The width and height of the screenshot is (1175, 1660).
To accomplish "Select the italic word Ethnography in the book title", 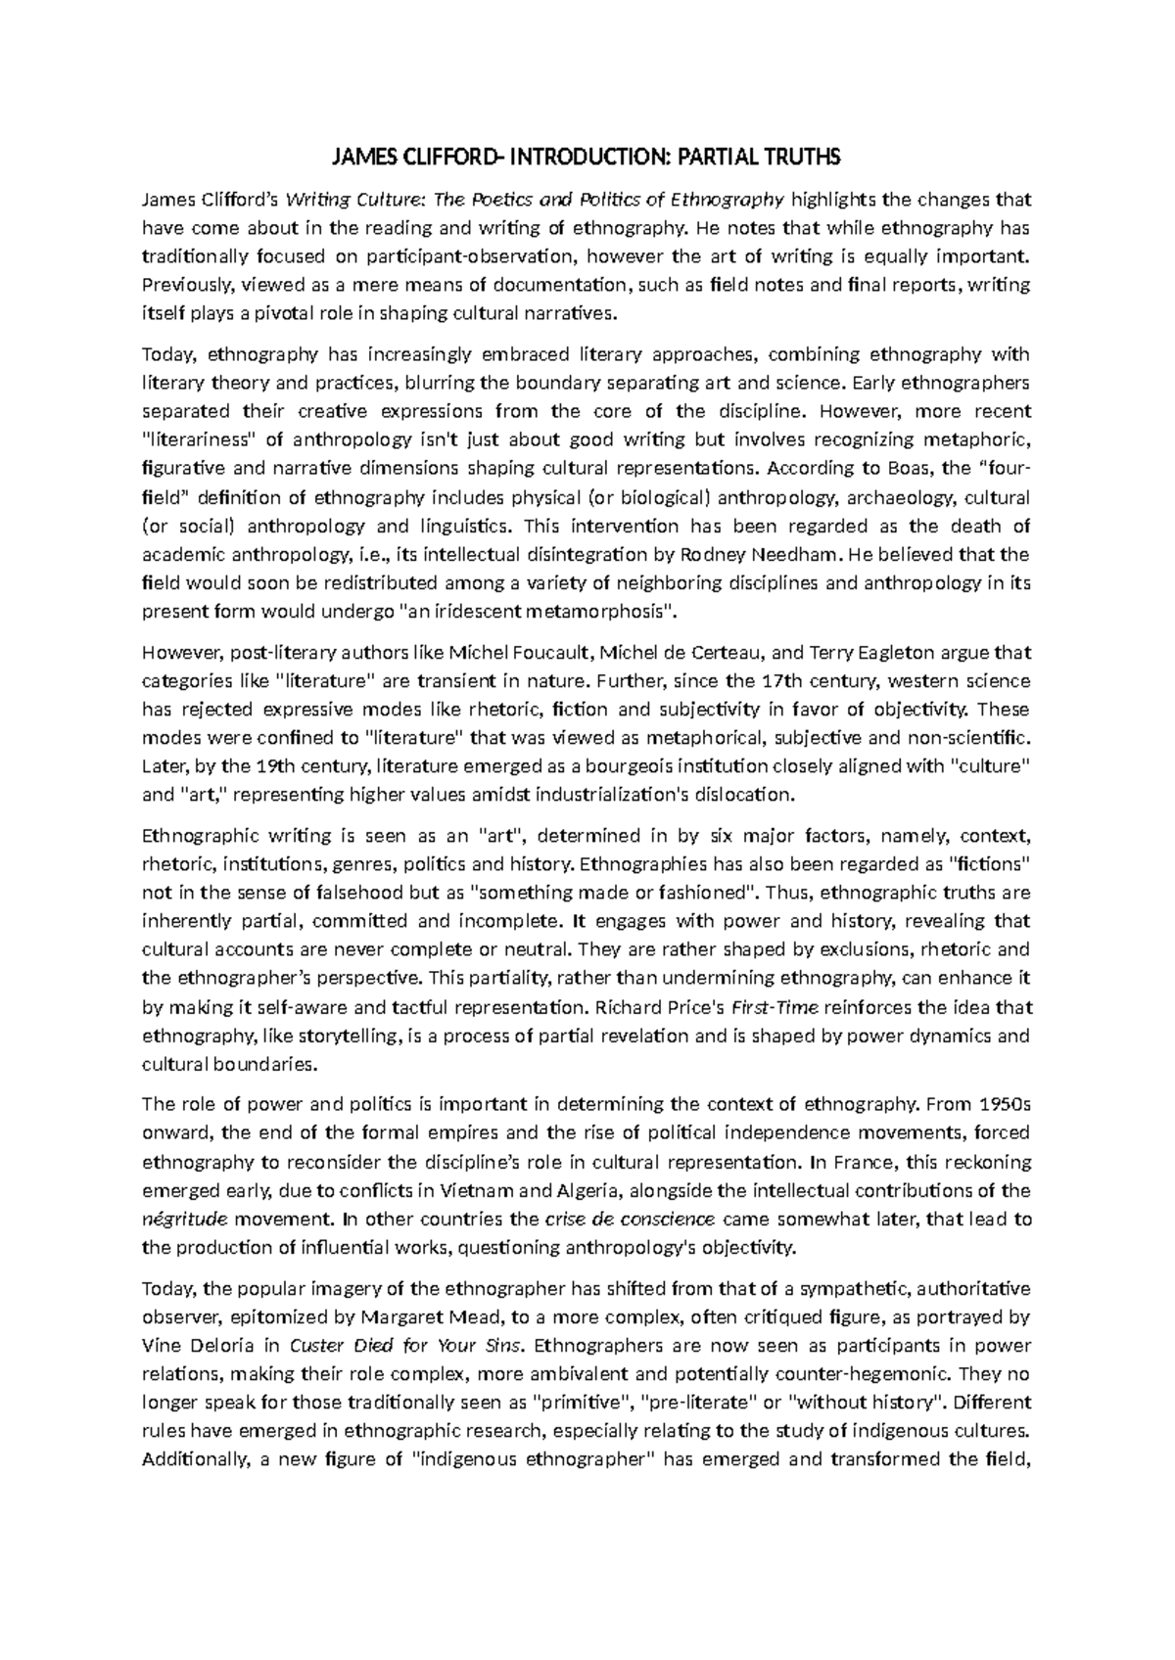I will pyautogui.click(x=728, y=201).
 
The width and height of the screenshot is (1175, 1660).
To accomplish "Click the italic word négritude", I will pyautogui.click(x=184, y=1220).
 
